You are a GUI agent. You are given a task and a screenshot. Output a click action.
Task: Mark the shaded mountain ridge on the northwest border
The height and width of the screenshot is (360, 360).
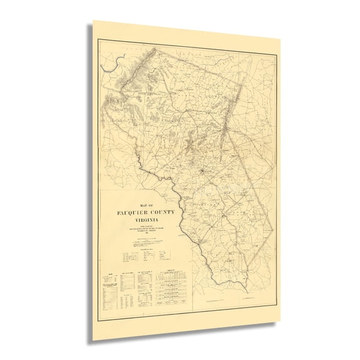(x=128, y=81)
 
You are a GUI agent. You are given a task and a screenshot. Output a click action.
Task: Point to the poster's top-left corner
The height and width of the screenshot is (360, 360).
(x=94, y=20)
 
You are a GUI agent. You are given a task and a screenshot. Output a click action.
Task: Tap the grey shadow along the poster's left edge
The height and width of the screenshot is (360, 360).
(x=91, y=187)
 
